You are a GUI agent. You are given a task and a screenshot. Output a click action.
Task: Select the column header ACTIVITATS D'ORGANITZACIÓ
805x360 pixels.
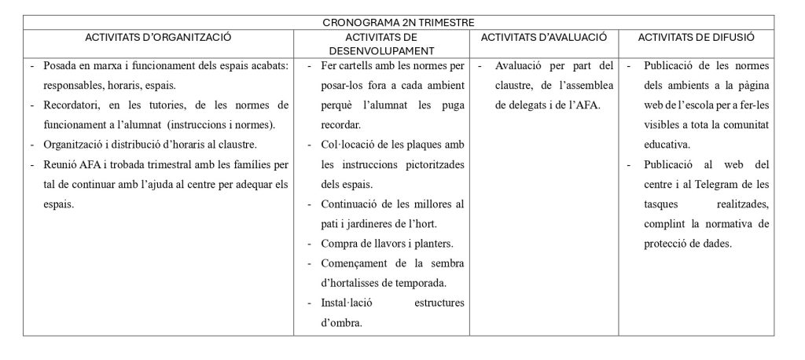tap(158, 36)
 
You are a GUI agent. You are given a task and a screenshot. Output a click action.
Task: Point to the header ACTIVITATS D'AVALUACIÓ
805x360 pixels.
tap(544, 36)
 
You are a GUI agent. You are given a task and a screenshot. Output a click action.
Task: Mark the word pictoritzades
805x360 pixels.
tap(433, 164)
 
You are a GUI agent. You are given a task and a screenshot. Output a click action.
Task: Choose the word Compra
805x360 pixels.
tap(340, 244)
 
